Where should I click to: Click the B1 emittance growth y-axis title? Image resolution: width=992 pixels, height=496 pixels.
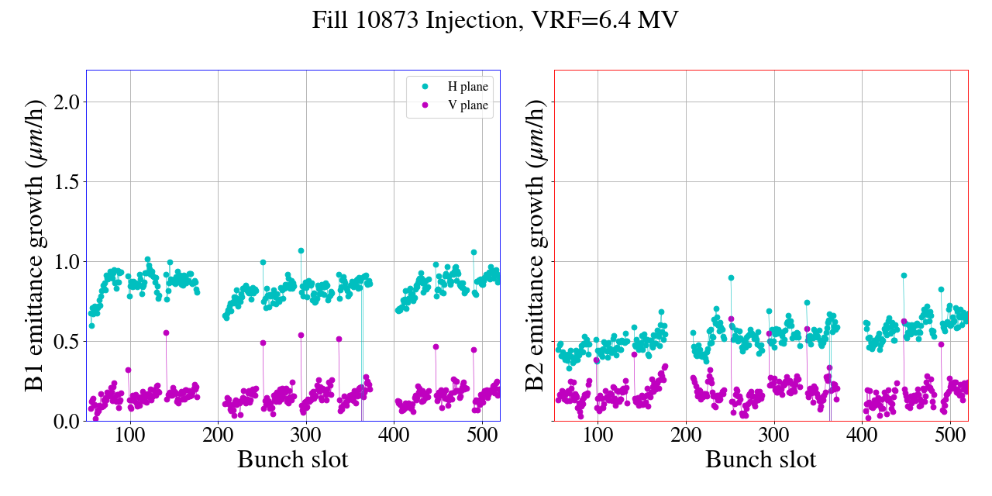tap(34, 245)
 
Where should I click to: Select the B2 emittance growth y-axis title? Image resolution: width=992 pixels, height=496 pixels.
tap(534, 245)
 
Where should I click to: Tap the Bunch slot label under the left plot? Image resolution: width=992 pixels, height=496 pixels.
tap(292, 460)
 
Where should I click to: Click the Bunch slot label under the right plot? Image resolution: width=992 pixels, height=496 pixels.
tap(760, 460)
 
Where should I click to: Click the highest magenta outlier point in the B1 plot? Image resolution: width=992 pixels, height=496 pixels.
tap(166, 332)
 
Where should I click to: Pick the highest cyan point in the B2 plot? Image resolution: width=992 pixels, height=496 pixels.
tap(904, 275)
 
